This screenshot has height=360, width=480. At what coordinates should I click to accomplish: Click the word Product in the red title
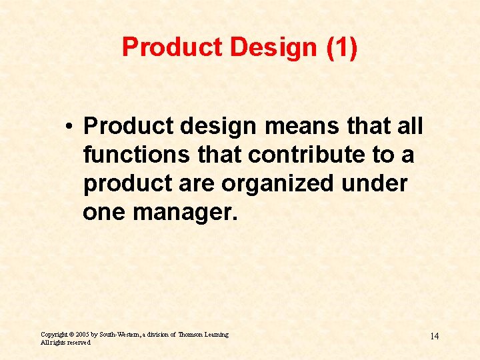click(x=163, y=47)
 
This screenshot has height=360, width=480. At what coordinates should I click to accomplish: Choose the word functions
click(x=125, y=155)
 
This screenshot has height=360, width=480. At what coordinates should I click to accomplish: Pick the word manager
click(x=185, y=213)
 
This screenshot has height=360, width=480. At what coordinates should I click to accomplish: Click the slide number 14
click(x=434, y=336)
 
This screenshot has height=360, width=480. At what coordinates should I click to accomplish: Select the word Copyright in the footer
click(x=54, y=334)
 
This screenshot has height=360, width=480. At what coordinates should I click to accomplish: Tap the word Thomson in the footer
click(x=192, y=334)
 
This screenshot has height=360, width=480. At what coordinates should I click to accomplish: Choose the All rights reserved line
click(x=65, y=342)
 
